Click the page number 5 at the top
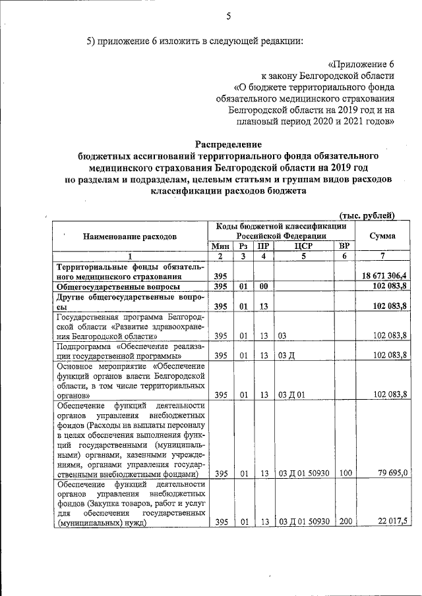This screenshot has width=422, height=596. point(229,16)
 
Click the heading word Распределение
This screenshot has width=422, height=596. point(228,144)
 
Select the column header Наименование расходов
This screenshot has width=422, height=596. point(130,236)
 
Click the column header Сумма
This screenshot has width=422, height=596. point(382,236)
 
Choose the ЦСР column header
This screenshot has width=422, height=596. point(303,246)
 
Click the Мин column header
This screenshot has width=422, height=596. point(220,246)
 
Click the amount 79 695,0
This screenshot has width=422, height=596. point(394,473)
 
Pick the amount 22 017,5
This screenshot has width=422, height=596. point(394,522)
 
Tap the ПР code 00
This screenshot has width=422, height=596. point(262,288)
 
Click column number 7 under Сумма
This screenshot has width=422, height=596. point(382,256)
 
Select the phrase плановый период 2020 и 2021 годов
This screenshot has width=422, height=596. point(311,121)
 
